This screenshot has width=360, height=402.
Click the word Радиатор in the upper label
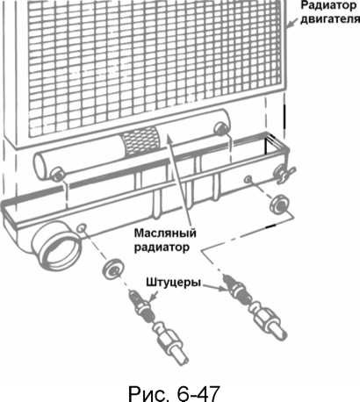point(329,5)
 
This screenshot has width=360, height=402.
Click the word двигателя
point(330,19)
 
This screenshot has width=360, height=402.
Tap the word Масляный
point(165,233)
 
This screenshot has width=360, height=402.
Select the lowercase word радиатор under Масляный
point(162,248)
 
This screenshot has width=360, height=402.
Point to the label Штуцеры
point(174,283)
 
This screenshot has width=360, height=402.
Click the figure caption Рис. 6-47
point(173,393)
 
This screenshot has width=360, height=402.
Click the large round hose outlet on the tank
point(55,245)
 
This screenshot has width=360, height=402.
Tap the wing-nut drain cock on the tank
point(284,176)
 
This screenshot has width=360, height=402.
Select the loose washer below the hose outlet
point(112,269)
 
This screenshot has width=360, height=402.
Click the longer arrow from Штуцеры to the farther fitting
point(214,286)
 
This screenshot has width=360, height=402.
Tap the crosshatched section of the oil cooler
point(140,140)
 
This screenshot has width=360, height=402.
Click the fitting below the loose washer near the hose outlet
point(159,327)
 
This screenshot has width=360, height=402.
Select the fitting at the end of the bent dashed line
point(254,307)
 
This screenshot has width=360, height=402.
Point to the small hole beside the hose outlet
point(81,227)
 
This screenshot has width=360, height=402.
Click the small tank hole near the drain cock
point(248,179)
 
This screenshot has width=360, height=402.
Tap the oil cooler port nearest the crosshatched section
point(220,129)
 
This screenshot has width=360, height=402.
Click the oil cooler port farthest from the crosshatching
point(56,175)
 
